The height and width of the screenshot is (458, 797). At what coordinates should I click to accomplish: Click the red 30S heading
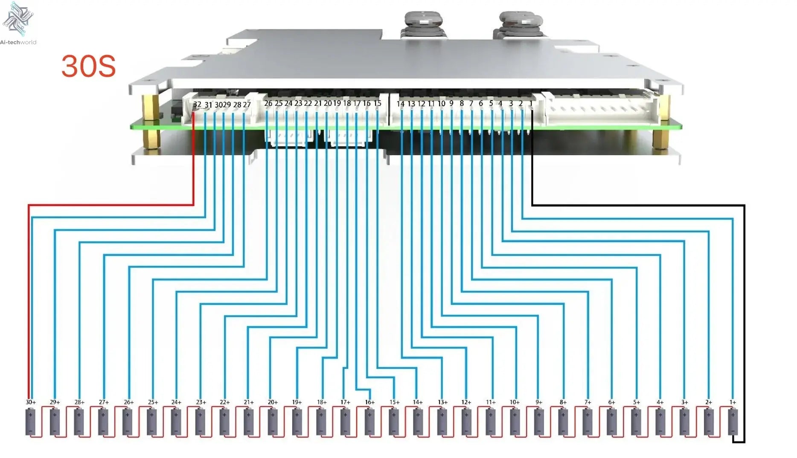coord(88,66)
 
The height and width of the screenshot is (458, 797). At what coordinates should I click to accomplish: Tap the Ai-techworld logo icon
coord(17,18)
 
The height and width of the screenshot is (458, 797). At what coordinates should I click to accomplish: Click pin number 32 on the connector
coord(197,104)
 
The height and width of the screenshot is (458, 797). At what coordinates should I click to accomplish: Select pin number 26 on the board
coord(268,103)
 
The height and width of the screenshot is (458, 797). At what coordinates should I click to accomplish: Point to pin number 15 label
coord(377,103)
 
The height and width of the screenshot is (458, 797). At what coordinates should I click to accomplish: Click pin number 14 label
coord(400,104)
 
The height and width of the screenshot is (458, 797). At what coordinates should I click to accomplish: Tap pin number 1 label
coord(531,103)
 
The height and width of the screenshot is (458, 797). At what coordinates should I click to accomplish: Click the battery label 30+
coord(31,402)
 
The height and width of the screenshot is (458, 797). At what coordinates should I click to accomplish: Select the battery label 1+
coord(733,402)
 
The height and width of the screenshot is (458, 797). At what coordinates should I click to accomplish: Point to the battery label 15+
coord(394,402)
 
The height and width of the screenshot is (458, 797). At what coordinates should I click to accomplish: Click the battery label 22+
coord(224,402)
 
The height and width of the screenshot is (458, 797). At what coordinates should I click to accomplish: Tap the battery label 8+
coord(563,402)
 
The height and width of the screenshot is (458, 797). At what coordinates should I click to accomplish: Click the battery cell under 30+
coord(31,422)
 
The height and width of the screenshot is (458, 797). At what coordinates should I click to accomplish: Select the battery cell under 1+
coord(733,422)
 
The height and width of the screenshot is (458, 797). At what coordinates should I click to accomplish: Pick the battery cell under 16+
coord(369,422)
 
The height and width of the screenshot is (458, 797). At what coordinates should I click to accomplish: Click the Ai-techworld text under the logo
coord(18,42)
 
